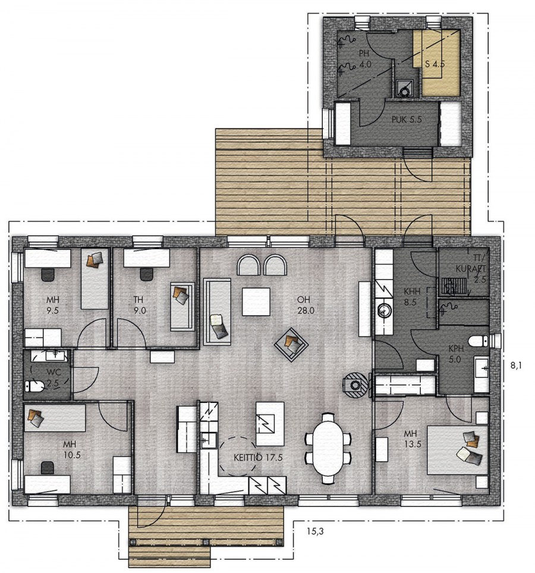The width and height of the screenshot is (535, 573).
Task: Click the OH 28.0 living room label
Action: (x=306, y=305)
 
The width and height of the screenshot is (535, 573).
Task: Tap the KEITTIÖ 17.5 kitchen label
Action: (x=258, y=458)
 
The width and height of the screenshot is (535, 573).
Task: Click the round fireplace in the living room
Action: (x=355, y=385)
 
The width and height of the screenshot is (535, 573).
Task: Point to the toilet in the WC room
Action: (x=35, y=386)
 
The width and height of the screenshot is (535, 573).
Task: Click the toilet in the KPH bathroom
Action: (x=479, y=341)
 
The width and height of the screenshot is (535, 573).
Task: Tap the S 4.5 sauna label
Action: (x=435, y=64)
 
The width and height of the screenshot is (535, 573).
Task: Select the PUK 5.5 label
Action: (x=407, y=120)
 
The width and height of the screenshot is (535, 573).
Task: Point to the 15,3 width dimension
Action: (x=315, y=531)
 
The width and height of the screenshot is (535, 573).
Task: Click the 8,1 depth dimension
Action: (x=515, y=365)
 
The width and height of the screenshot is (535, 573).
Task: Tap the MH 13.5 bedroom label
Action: (x=412, y=439)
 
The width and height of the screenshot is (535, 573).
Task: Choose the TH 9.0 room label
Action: (x=139, y=305)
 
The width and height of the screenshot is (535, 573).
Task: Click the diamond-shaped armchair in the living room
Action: (x=291, y=343)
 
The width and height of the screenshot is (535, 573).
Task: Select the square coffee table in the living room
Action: (x=256, y=302)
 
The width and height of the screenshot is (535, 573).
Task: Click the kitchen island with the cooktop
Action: (x=270, y=424)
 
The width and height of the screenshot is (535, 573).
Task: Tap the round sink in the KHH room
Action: (x=383, y=310)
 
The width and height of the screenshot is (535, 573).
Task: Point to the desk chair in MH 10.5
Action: (x=48, y=468)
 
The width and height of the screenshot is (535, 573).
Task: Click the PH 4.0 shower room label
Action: (x=364, y=59)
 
